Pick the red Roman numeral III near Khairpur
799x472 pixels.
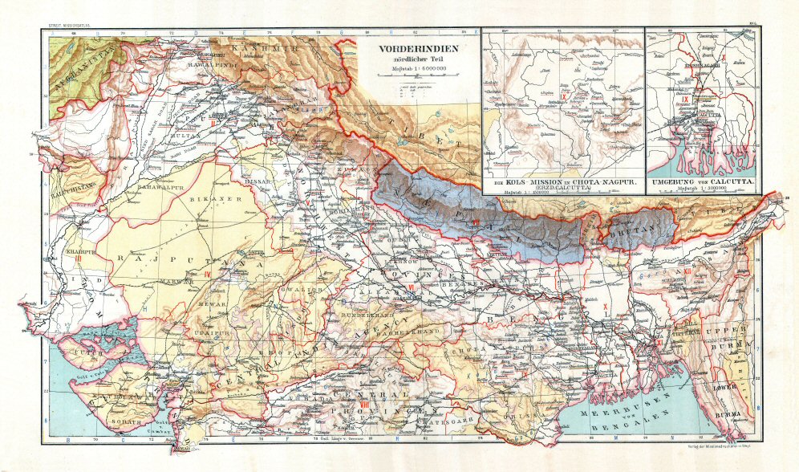78,258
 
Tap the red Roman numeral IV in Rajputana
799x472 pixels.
207,275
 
